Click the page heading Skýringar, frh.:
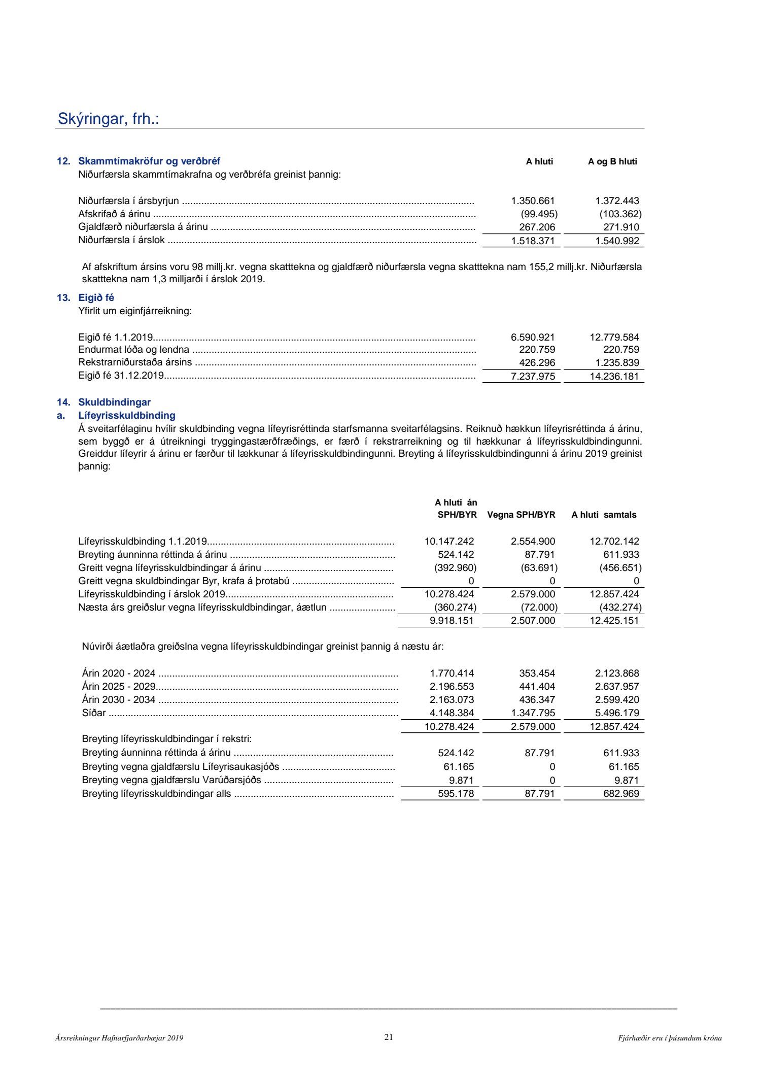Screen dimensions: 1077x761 tap(108, 119)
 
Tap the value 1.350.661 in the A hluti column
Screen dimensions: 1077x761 tap(533, 200)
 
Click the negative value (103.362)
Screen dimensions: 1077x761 tap(620, 214)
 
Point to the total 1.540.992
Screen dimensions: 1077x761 tap(617, 241)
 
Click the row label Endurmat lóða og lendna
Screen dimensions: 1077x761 tap(133, 350)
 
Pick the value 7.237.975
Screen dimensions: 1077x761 tap(533, 376)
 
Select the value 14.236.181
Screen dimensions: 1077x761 tap(614, 376)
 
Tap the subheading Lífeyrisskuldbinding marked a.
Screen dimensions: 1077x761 tap(126, 416)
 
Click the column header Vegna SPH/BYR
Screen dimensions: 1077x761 tap(521, 515)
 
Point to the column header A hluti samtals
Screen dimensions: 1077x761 tap(604, 515)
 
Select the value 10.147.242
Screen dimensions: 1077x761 tap(449, 542)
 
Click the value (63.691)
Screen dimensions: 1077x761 tap(539, 568)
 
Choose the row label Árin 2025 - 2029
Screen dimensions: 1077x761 tap(119, 687)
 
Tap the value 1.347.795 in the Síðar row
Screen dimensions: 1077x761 tap(533, 713)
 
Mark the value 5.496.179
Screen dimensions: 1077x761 tap(617, 713)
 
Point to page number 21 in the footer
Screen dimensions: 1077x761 tap(389, 1037)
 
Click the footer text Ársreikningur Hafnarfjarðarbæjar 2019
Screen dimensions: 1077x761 tap(119, 1038)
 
